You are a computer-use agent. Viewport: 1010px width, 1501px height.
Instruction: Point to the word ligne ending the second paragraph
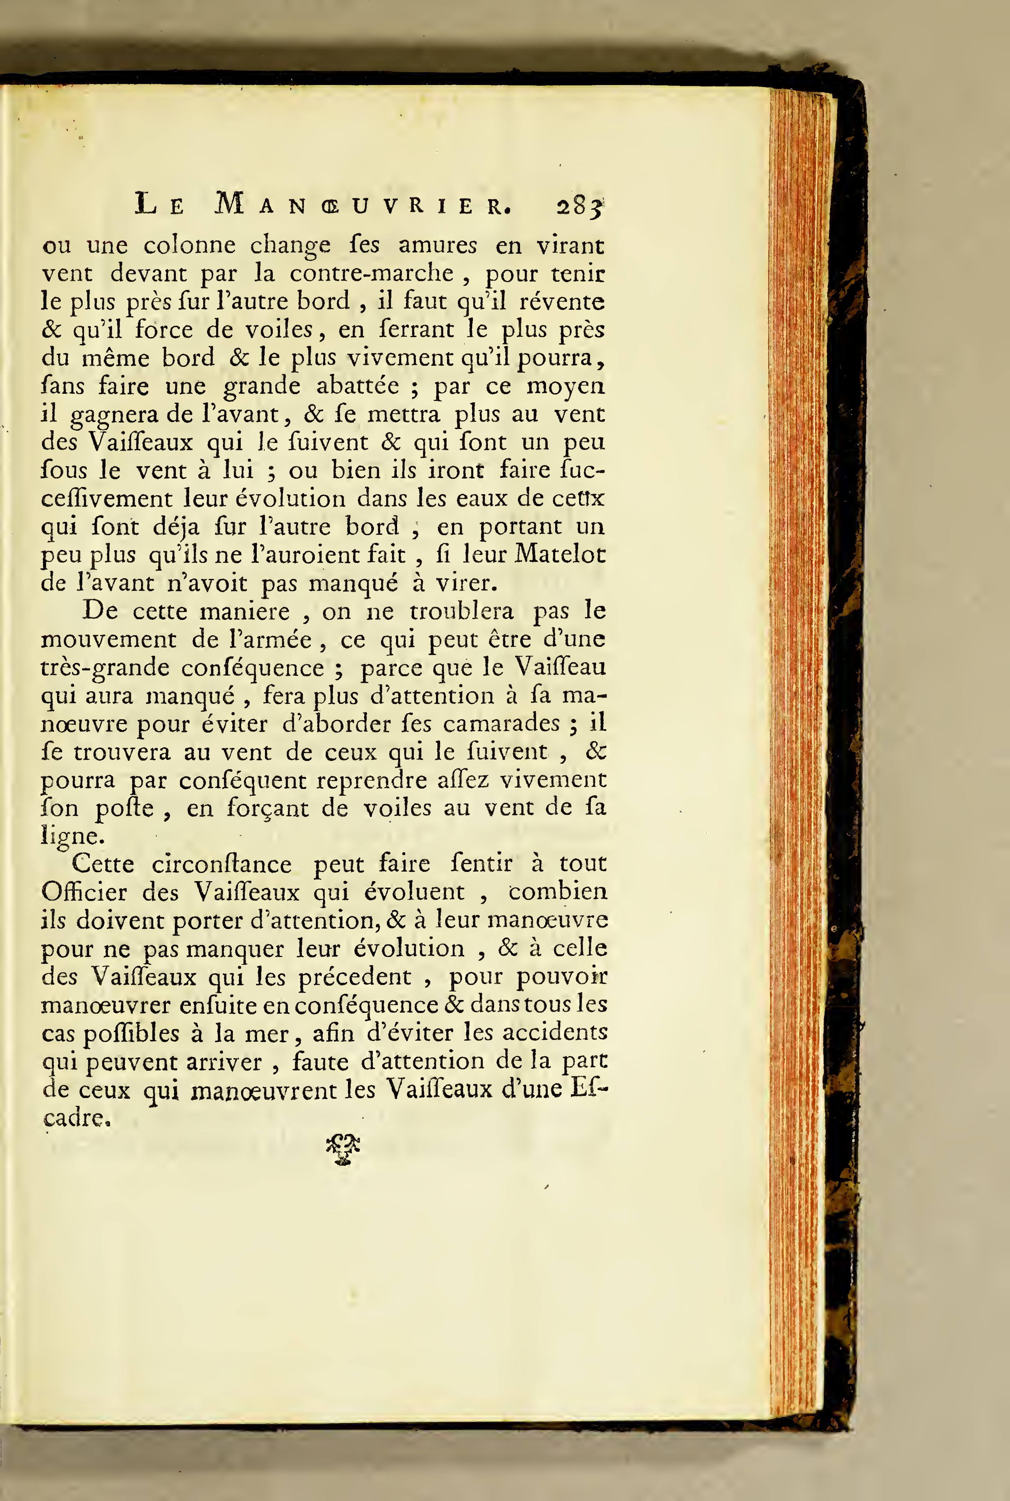tap(71, 836)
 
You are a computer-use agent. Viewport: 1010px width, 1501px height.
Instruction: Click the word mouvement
tap(108, 639)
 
